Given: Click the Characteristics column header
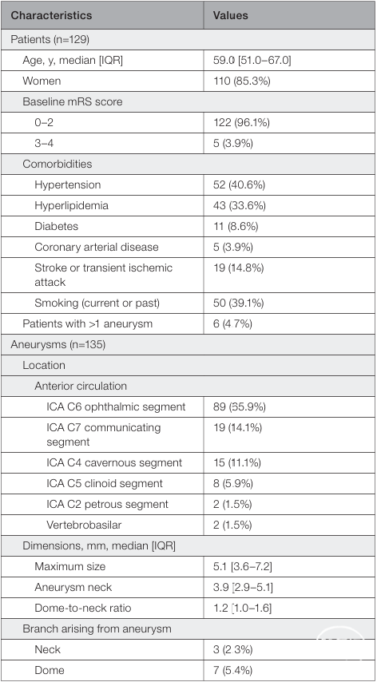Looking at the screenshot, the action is pos(51,15).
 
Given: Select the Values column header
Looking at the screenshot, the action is pos(231,15).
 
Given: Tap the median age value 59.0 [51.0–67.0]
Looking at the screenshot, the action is pos(252,60).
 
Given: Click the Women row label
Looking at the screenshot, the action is pos(42,81).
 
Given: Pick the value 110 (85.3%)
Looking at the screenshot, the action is pos(241,81).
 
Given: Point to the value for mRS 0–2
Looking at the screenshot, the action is pos(241,123).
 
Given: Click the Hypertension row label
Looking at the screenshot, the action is pos(67,184).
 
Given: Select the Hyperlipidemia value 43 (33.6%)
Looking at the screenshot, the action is pos(239,206).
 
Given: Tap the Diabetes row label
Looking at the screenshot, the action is pos(57,226).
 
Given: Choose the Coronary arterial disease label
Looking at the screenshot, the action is pos(97,247).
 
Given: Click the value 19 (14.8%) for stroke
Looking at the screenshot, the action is pos(238,268).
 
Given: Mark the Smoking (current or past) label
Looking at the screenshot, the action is pos(97,303).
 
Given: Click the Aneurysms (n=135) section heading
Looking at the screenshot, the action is pos(58,344).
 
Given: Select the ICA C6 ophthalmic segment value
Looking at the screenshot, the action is pos(239,406).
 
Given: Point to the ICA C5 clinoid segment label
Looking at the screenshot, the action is pos(105,483).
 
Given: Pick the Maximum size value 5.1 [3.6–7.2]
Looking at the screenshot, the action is pos(243,566).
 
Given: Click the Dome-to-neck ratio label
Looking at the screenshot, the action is pos(82,608).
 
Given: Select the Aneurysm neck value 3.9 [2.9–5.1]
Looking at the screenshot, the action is pos(243,587).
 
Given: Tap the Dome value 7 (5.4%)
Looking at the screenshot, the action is pos(232,670).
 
